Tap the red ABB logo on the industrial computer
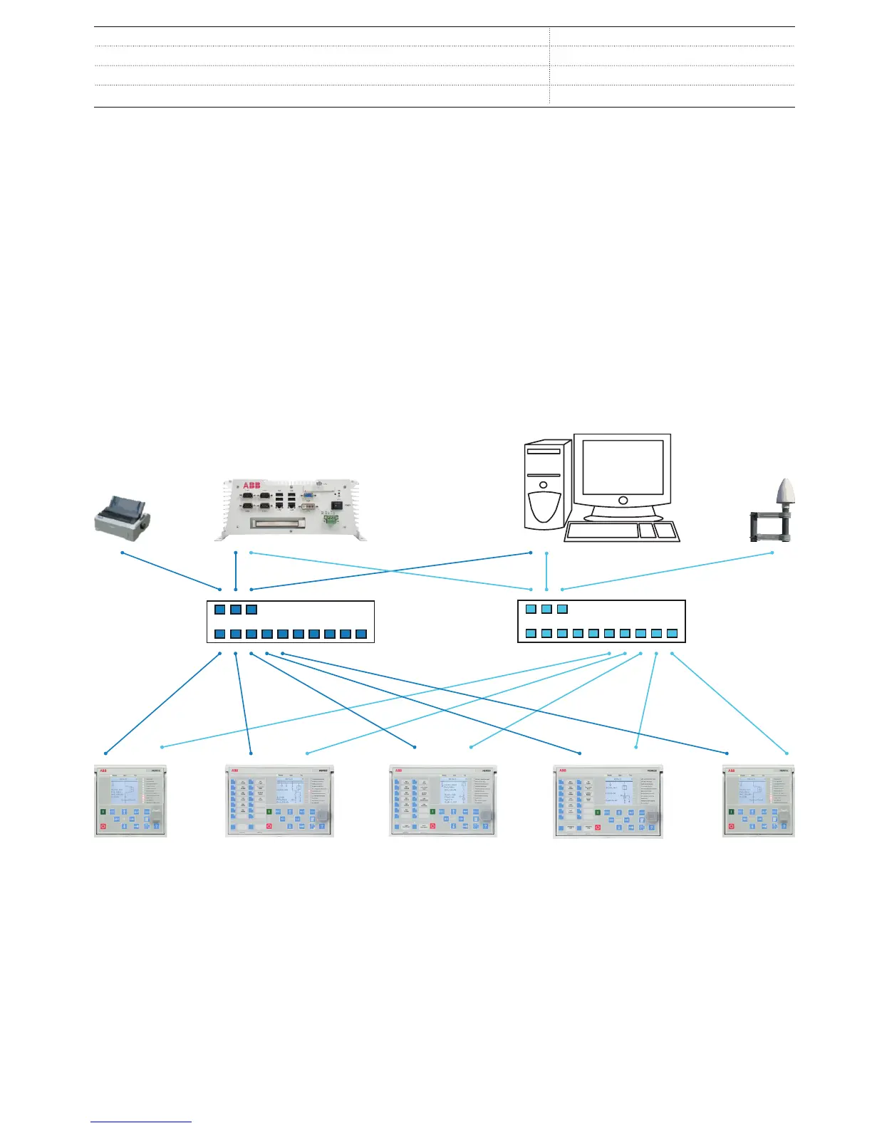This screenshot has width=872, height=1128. tap(251, 486)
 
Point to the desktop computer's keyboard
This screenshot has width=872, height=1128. tap(602, 531)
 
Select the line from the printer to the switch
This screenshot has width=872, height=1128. tap(171, 570)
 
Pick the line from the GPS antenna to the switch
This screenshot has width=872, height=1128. tap(667, 570)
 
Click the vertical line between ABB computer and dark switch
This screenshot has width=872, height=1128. tap(236, 570)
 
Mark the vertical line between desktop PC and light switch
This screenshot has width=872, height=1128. tap(546, 570)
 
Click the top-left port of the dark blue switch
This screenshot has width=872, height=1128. tap(219, 610)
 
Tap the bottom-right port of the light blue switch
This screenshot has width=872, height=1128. tap(672, 633)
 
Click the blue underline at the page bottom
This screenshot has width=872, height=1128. tap(141, 1122)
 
